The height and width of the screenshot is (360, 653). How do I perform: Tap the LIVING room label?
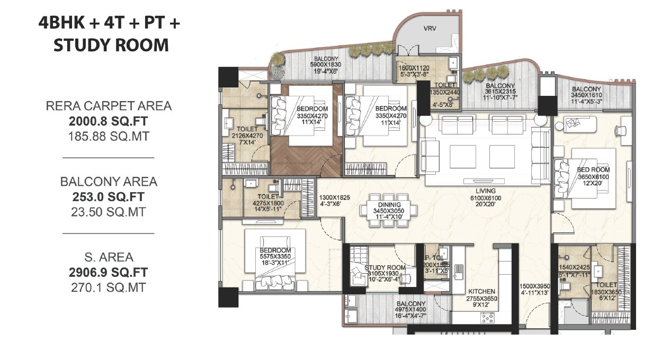pyautogui.click(x=485, y=191)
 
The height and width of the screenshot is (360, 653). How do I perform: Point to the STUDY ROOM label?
pyautogui.click(x=384, y=268)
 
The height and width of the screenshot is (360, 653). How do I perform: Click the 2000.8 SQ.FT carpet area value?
pyautogui.click(x=108, y=121)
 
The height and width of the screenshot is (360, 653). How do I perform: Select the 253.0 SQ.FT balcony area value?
pyautogui.click(x=108, y=197)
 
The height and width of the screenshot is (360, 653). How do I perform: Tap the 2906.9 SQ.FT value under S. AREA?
pyautogui.click(x=108, y=273)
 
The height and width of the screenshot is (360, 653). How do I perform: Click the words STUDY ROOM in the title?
pyautogui.click(x=111, y=45)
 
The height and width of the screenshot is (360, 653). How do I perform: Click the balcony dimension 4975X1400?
pyautogui.click(x=410, y=310)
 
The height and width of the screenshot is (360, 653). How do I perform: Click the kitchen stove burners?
pyautogui.click(x=487, y=317)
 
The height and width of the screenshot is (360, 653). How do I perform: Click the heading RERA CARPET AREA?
pyautogui.click(x=108, y=106)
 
